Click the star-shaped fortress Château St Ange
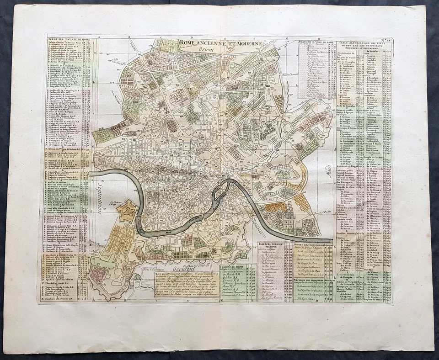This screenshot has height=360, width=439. tap(127, 211)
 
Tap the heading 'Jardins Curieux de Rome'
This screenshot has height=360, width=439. tap(275, 245)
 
